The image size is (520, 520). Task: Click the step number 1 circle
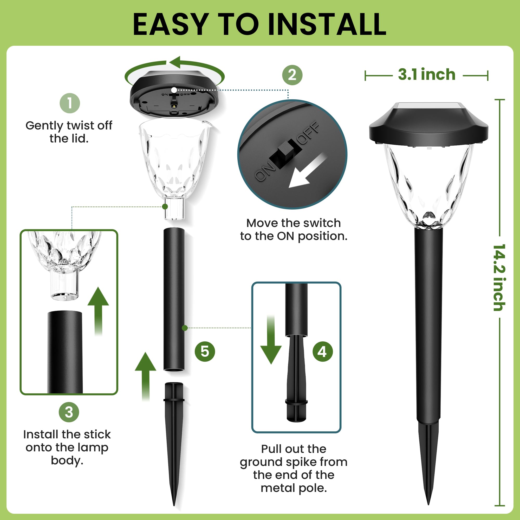pyautogui.click(x=70, y=103)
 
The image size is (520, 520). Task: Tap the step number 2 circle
pyautogui.click(x=292, y=75)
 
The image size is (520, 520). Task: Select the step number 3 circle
pyautogui.click(x=69, y=412)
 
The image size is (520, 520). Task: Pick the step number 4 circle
pyautogui.click(x=322, y=352)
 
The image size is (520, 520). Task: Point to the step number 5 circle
pyautogui.click(x=205, y=352)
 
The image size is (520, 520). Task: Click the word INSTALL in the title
pyautogui.click(x=327, y=25)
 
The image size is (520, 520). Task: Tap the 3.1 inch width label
pyautogui.click(x=426, y=75)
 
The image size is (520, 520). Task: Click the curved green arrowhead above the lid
pyautogui.click(x=176, y=62)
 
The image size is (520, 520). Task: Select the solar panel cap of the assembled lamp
pyautogui.click(x=428, y=123)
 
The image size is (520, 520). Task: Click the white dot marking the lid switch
pyautogui.click(x=174, y=90)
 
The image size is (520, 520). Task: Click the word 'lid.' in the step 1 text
pyautogui.click(x=79, y=139)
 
